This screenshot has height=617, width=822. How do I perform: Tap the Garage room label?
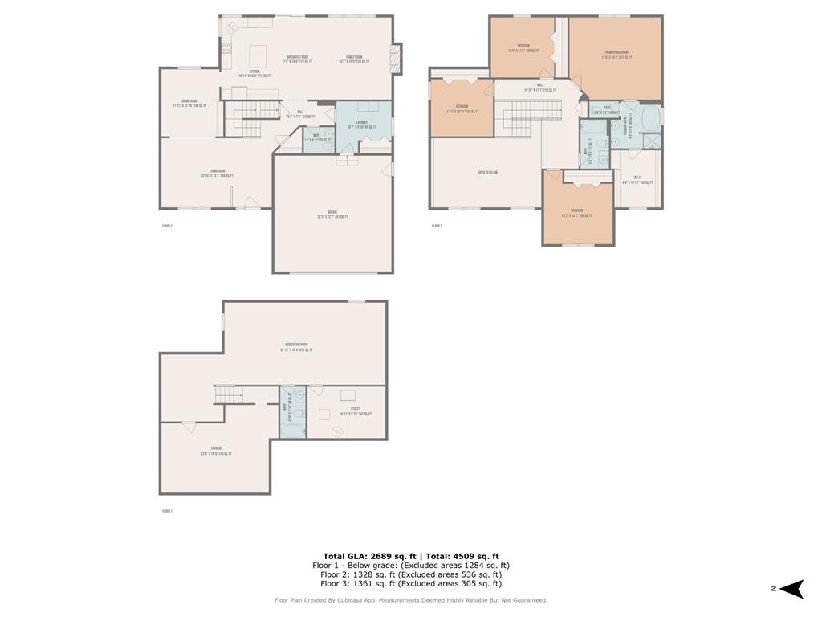coord(332,215)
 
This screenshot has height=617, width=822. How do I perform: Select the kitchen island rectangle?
coord(258,56)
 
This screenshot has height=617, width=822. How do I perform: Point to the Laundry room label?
coord(357,125)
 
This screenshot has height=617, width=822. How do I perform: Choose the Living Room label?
coord(216,173)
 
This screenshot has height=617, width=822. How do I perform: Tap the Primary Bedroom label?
coord(616,55)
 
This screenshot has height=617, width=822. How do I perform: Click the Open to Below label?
coord(488,173)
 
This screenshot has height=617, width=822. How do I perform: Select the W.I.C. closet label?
coord(637,180)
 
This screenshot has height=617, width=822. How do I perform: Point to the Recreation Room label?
coord(296,347)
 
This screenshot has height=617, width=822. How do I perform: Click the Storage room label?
coord(216,451)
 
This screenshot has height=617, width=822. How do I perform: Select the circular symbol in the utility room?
coord(337,432)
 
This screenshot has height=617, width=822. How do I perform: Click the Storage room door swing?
coord(189,426)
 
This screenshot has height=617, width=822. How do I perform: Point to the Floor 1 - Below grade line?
coord(411,566)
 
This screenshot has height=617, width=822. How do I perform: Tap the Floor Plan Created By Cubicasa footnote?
coord(411,600)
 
